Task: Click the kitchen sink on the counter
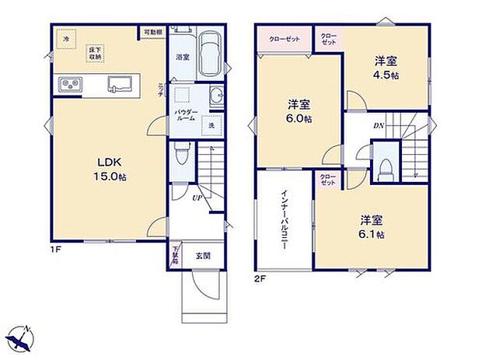[x=120, y=84]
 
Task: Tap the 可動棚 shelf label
[x=152, y=33]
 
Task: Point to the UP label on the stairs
[x=200, y=197]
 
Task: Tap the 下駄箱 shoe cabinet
[x=174, y=254]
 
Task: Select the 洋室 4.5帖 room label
[x=386, y=66]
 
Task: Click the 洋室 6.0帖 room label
[x=299, y=111]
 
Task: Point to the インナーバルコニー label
[x=285, y=222]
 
